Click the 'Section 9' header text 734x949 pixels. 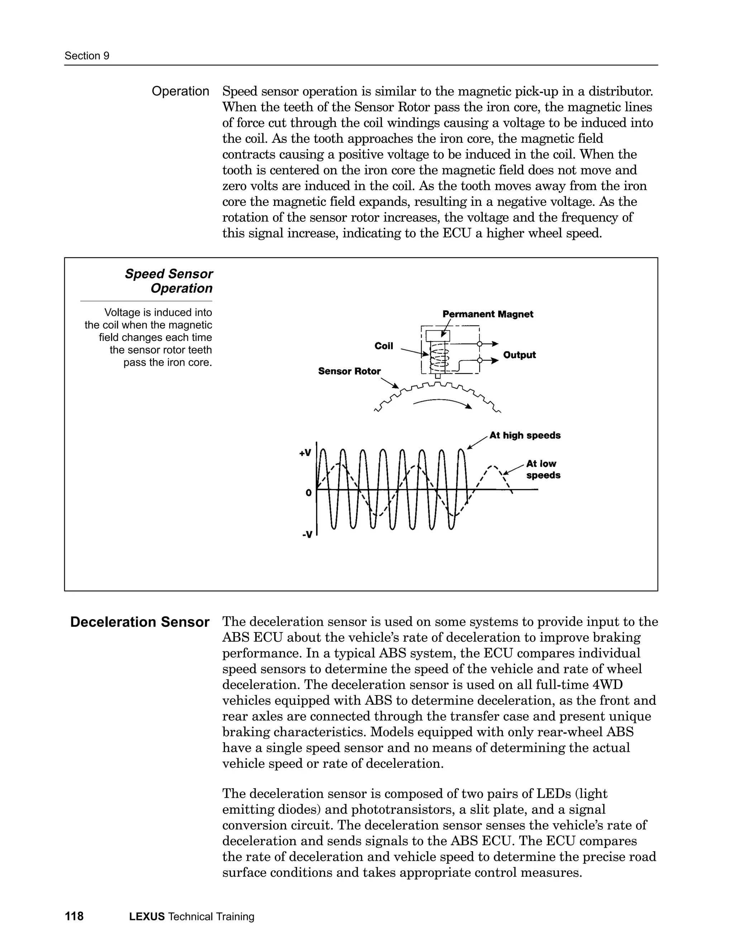coord(86,56)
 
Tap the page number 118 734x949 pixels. coord(74,916)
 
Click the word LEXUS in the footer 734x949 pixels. coord(147,917)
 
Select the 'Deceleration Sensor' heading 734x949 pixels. coord(139,622)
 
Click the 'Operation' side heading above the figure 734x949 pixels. coord(180,91)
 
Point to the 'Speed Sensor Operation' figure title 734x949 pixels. coord(169,281)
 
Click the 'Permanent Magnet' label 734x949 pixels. coord(487,314)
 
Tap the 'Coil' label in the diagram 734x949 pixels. coord(383,346)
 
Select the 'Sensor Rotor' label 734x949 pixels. coord(349,371)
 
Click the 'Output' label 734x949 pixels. coord(519,355)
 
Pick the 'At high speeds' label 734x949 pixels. coord(525,435)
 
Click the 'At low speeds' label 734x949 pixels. coord(543,469)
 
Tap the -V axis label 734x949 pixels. coord(307,534)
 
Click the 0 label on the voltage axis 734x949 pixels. coord(308,493)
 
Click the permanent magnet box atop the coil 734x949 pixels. coord(438,336)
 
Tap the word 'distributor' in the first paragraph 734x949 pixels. coord(620,92)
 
